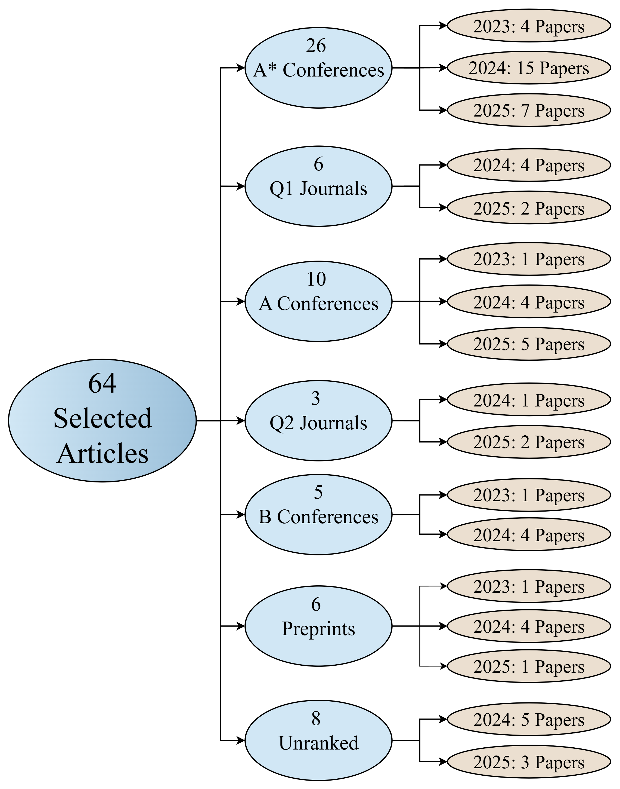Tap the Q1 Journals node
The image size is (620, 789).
[318, 186]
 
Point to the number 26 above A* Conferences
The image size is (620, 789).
[316, 46]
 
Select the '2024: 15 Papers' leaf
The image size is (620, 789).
[529, 68]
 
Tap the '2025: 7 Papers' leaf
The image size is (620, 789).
[529, 111]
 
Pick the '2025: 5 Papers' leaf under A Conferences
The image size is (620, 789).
[529, 344]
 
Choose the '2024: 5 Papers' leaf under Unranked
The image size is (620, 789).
[529, 720]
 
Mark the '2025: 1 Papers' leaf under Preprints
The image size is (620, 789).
[529, 666]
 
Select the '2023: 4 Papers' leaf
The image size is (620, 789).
[529, 26]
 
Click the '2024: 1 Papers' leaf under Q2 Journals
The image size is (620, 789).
[529, 400]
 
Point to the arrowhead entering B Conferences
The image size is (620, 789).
[241, 515]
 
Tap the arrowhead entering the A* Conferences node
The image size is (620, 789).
[241, 68]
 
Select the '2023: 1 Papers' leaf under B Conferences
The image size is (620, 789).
[529, 495]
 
